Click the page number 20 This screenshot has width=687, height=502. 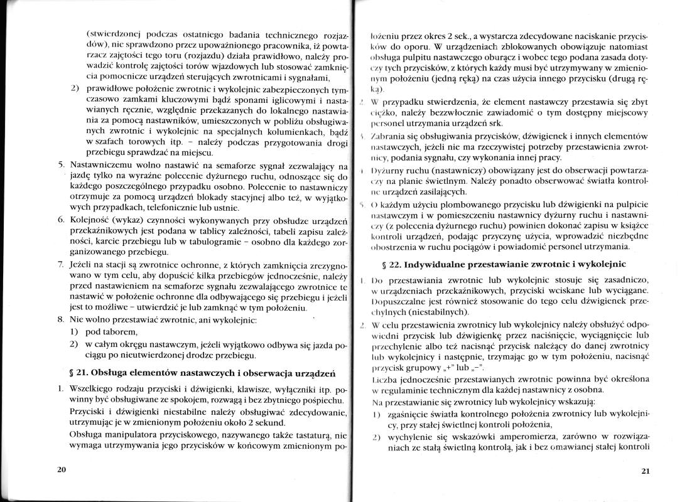(x=61, y=469)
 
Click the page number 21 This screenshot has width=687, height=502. (x=645, y=471)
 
